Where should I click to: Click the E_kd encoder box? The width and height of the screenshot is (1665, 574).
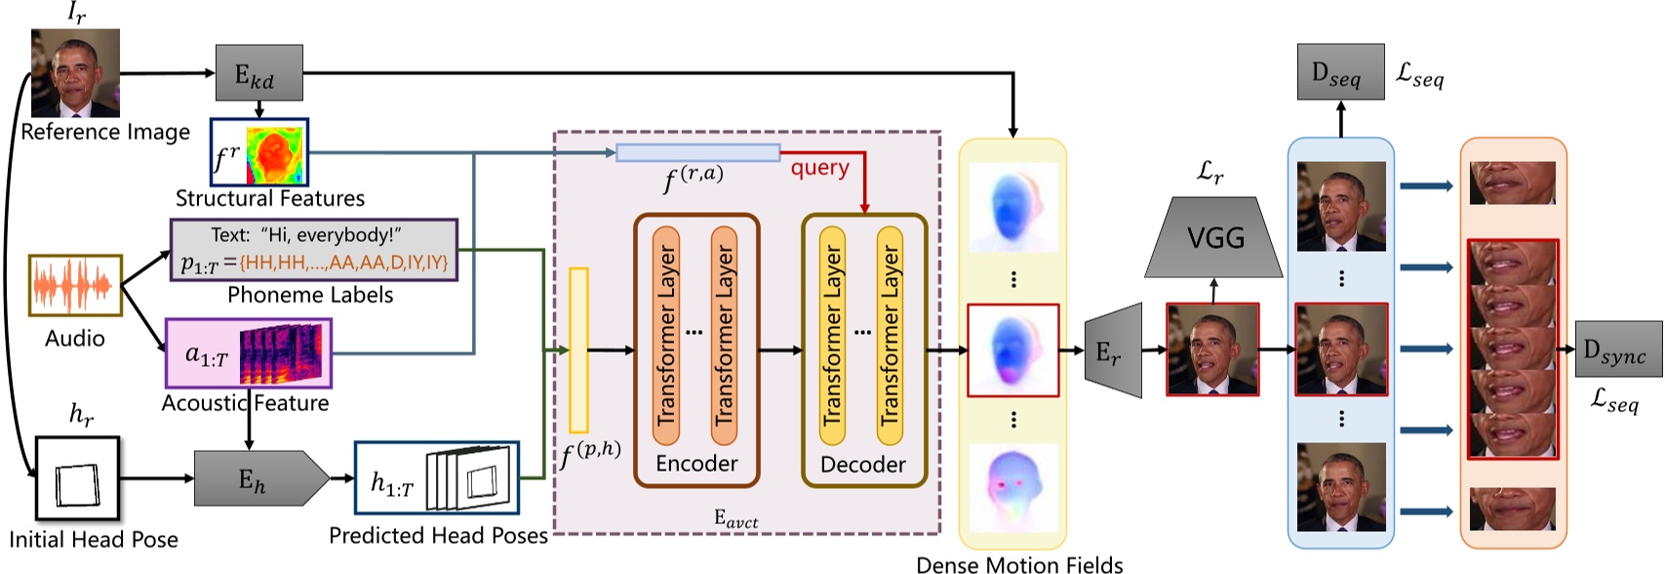point(258,72)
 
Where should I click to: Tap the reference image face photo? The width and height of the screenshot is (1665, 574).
point(75,72)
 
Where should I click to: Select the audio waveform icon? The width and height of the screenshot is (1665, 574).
point(75,285)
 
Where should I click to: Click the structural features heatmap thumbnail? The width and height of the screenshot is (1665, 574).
point(276,154)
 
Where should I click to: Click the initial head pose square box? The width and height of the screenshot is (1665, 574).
point(77,478)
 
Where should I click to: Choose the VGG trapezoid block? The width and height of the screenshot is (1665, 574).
point(1214,238)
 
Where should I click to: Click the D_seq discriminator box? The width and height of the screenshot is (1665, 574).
point(1340,72)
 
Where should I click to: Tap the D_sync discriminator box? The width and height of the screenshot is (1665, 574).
point(1618,349)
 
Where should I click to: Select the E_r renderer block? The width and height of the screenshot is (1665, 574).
point(1113,350)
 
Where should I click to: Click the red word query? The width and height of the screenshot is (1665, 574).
point(819,168)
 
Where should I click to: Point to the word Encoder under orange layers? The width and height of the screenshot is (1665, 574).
point(696,464)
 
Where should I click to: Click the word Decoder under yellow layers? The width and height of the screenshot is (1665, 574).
point(862,465)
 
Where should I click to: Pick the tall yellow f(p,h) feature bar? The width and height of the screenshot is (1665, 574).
point(578,349)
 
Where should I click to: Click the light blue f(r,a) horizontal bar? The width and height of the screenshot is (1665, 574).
point(697,152)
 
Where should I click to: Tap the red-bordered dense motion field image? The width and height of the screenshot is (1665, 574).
point(1012,349)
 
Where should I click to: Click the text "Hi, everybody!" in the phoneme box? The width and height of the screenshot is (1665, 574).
point(332,235)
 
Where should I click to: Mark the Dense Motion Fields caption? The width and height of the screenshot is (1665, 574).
point(1019,564)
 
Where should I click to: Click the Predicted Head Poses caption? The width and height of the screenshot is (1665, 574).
point(438,535)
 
